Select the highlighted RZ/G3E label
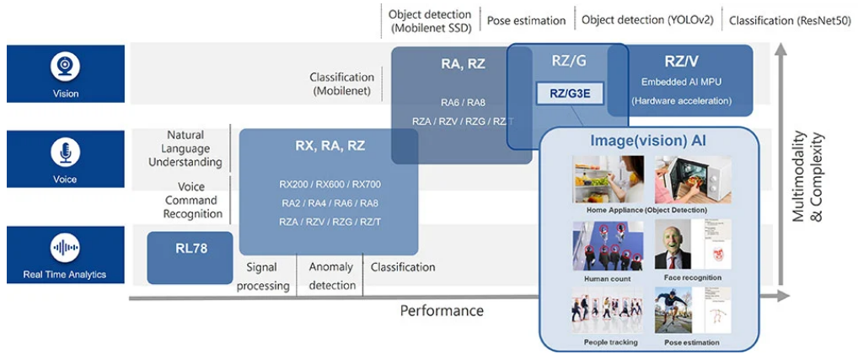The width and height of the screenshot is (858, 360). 570,93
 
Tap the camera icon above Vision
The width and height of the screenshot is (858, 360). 65,66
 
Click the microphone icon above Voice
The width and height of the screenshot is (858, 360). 65,153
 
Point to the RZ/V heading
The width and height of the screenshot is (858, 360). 681,61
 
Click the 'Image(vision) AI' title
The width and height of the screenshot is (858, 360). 648,140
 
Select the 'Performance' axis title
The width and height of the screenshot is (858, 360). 442,310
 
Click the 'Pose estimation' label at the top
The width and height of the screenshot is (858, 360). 528,20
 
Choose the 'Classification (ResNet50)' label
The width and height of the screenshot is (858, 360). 791,20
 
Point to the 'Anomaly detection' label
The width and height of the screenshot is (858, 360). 332,276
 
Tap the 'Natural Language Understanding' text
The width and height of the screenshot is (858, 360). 194,148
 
